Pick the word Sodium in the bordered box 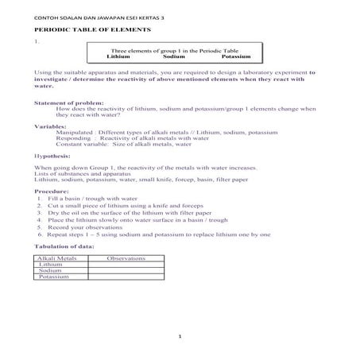174,57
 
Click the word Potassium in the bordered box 237,57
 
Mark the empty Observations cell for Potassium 126,277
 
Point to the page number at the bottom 180,337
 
